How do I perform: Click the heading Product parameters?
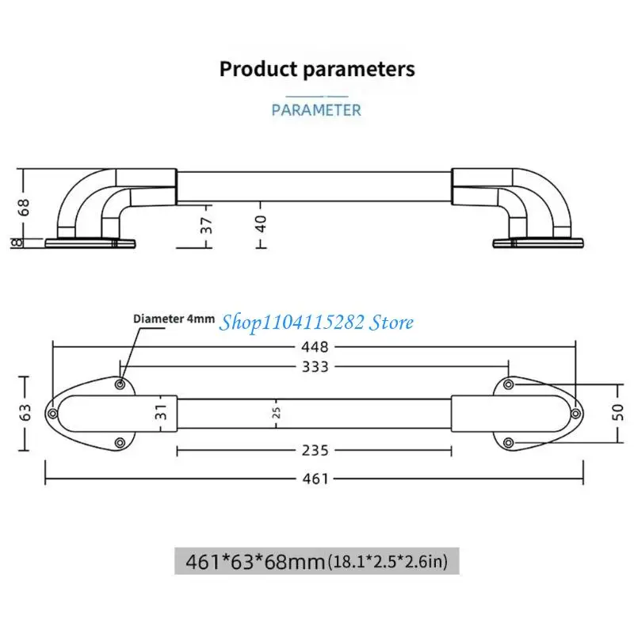[317, 69]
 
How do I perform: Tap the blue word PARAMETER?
[316, 110]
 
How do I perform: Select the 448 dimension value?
[315, 347]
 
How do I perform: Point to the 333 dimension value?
[315, 367]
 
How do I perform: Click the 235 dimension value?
[315, 450]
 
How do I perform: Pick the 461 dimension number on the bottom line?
[315, 479]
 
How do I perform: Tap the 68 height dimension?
[25, 208]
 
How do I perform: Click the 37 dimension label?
[206, 226]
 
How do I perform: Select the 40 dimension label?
[262, 224]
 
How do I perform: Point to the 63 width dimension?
[25, 413]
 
